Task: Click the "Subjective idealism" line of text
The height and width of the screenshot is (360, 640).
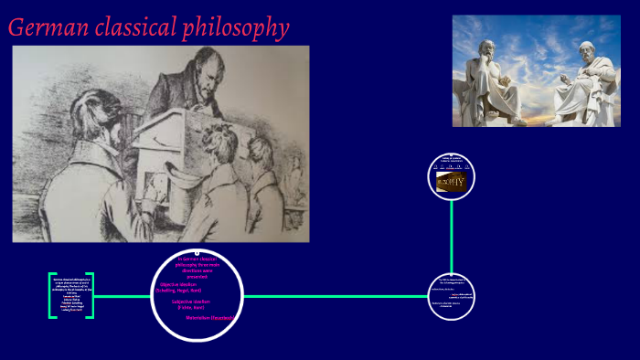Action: (194, 304)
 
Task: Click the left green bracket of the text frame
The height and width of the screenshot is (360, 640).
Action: (51, 295)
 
